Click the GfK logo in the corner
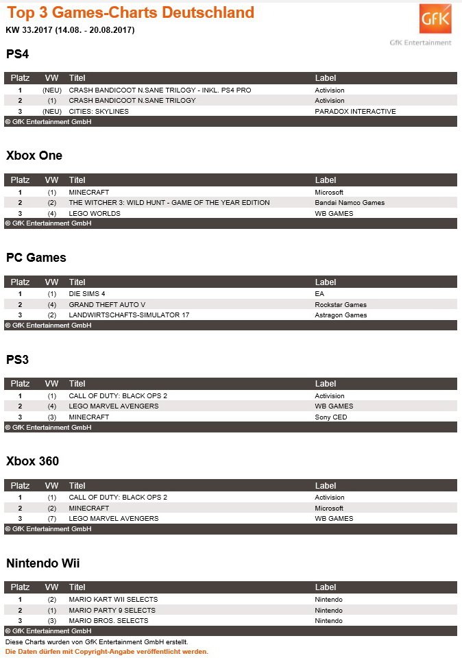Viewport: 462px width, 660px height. [x=435, y=20]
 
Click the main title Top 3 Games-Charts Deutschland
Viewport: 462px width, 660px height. [x=130, y=12]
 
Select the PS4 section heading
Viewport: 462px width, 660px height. [x=17, y=53]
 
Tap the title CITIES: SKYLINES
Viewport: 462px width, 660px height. [x=99, y=111]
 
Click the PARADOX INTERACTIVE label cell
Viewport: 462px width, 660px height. [x=355, y=111]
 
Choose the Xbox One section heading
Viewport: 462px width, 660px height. [x=34, y=156]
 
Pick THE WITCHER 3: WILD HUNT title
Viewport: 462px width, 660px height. [x=169, y=203]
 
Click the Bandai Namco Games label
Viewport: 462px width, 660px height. [x=350, y=203]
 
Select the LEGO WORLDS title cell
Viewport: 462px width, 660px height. [x=95, y=213]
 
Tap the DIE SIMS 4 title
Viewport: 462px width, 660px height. [x=87, y=294]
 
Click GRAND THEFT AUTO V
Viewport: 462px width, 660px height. [x=107, y=304]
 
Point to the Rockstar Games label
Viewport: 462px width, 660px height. [x=341, y=304]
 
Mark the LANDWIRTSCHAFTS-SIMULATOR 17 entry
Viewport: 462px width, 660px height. [x=129, y=315]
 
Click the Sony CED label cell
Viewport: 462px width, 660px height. [x=331, y=417]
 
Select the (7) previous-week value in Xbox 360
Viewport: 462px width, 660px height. [x=52, y=519]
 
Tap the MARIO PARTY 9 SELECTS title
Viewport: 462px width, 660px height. [x=112, y=610]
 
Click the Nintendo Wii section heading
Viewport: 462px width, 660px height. [x=43, y=563]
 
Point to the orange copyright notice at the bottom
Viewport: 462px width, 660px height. [x=106, y=652]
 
